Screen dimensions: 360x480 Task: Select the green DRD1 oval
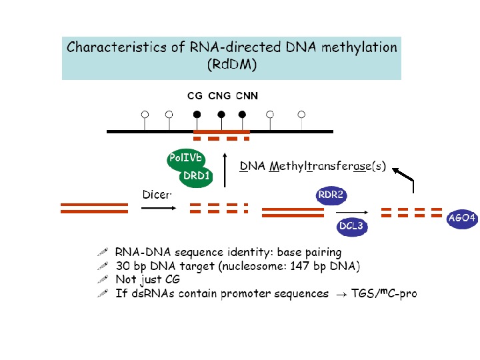click(197, 177)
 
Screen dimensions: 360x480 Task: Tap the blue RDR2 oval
click(331, 195)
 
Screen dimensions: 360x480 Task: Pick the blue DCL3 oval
click(351, 226)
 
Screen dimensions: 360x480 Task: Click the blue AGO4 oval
click(462, 218)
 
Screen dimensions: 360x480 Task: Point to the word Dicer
click(157, 195)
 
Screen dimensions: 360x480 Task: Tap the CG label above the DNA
click(195, 96)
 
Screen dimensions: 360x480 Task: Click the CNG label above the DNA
click(219, 96)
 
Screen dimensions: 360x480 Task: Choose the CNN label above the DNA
click(246, 96)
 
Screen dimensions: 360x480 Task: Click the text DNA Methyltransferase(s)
click(313, 166)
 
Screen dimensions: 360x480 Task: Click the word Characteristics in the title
click(117, 47)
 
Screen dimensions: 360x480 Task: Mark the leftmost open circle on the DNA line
click(145, 114)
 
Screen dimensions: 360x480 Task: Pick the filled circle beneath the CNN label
click(242, 114)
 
